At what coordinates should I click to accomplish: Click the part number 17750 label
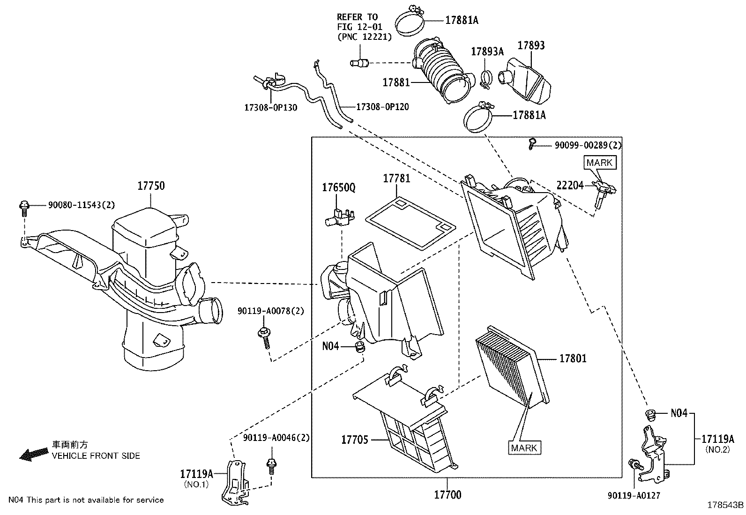150,186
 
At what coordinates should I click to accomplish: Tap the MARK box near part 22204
599,163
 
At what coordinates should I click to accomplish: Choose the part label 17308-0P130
270,107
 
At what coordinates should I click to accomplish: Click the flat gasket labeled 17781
410,223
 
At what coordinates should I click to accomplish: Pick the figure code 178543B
725,505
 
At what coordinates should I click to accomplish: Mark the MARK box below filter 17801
524,448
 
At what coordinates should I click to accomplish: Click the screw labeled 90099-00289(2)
532,143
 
